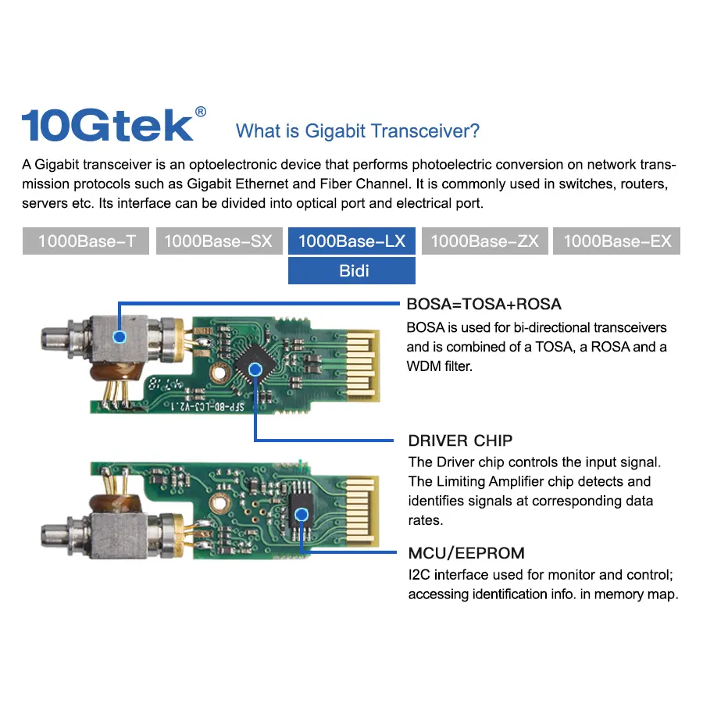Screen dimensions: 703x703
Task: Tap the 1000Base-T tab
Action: pyautogui.click(x=86, y=241)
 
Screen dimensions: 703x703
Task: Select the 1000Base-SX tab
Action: pyautogui.click(x=219, y=241)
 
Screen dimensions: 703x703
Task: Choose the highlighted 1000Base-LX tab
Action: pyautogui.click(x=352, y=241)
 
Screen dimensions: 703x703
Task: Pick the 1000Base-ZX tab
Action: pyautogui.click(x=484, y=241)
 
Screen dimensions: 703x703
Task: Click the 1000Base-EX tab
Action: pyautogui.click(x=616, y=241)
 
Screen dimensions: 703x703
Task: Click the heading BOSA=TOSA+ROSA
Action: pyautogui.click(x=484, y=304)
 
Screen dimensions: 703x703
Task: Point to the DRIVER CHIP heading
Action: pyautogui.click(x=460, y=441)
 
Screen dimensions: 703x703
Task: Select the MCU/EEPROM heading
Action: pyautogui.click(x=466, y=553)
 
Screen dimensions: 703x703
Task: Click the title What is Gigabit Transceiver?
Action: pyautogui.click(x=357, y=131)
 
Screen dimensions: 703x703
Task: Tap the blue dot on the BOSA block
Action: pyautogui.click(x=120, y=337)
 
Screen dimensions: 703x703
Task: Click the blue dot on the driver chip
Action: pyautogui.click(x=255, y=369)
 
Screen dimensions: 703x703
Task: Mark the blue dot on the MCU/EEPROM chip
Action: pyautogui.click(x=302, y=514)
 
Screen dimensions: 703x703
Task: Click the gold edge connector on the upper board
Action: pyautogui.click(x=363, y=366)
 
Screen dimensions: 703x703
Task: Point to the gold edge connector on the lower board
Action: pyautogui.click(x=362, y=511)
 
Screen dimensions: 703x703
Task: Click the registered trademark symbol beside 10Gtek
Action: pyautogui.click(x=201, y=112)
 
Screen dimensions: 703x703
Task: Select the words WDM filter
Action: pyautogui.click(x=439, y=366)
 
